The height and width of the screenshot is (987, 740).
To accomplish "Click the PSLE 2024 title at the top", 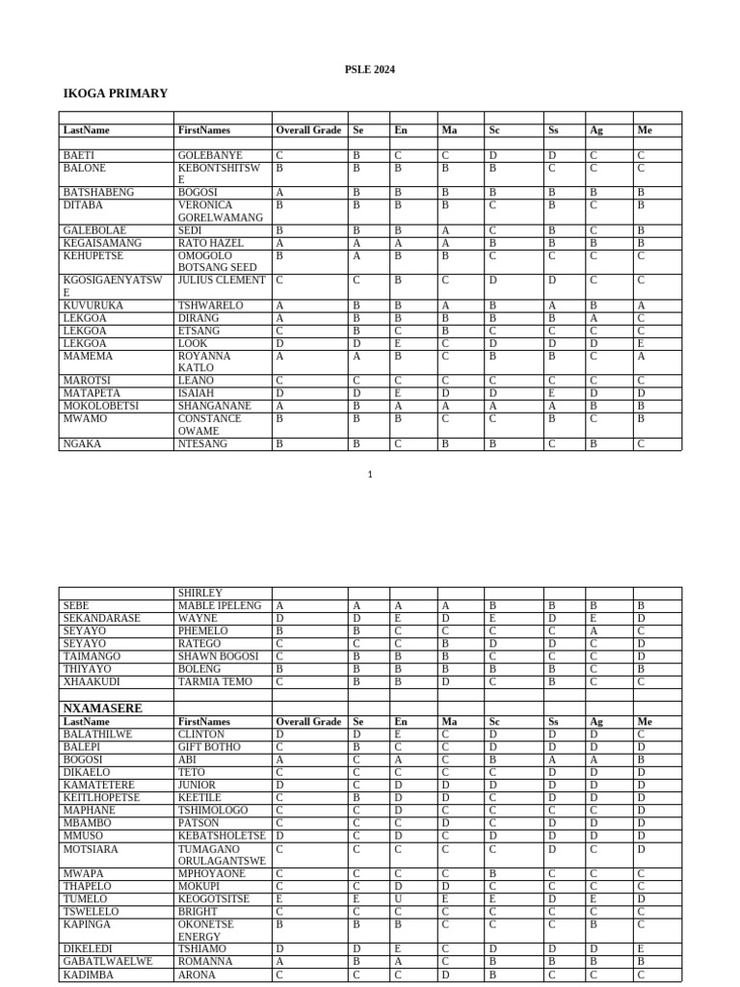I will [369, 69].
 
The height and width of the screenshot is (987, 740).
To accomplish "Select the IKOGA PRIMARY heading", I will [115, 93].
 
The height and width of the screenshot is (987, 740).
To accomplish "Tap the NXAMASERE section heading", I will [102, 708].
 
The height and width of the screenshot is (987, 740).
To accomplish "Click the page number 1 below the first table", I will [370, 474].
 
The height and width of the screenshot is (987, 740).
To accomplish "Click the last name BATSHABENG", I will [98, 193].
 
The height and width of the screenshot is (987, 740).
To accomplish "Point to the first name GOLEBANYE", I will [210, 155].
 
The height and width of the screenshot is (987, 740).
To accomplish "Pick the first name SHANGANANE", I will [214, 406].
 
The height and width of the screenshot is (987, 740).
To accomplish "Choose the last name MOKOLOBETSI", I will [100, 406].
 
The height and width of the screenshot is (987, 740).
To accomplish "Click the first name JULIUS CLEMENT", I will [221, 280].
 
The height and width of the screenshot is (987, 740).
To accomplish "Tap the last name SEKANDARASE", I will [101, 618].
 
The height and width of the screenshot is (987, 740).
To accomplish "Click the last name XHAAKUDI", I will [91, 681].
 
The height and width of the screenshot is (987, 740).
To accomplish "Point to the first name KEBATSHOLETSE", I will [222, 836].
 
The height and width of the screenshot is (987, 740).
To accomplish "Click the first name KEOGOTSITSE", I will [213, 898].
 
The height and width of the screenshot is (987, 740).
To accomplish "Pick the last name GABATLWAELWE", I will [107, 961].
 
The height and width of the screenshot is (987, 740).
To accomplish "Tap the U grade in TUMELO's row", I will [397, 898].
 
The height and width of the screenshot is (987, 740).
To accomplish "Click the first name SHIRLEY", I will [199, 593].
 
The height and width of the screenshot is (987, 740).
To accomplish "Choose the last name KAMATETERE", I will [98, 786].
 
